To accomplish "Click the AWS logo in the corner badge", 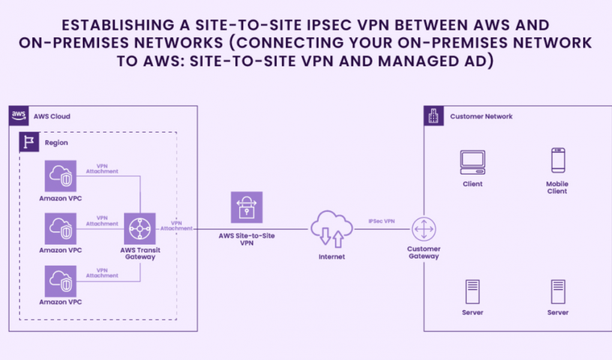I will click(x=19, y=115).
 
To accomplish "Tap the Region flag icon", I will click(x=28, y=142).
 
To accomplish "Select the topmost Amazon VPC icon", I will click(x=61, y=176).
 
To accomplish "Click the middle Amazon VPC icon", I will click(x=61, y=228).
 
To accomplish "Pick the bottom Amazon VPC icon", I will click(x=61, y=280).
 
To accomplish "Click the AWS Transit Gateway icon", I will click(x=140, y=229).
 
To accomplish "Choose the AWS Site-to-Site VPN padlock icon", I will click(x=247, y=208).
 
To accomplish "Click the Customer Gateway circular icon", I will click(x=424, y=229).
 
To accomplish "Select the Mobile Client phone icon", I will click(x=557, y=161).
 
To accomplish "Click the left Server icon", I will click(x=472, y=292).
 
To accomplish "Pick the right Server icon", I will click(x=557, y=292).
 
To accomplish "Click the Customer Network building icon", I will click(x=434, y=116).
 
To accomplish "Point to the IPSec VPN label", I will click(x=382, y=221).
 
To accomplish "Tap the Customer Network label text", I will click(x=481, y=116).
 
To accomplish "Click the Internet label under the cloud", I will click(x=332, y=257).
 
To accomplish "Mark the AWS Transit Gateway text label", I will click(x=140, y=253).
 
